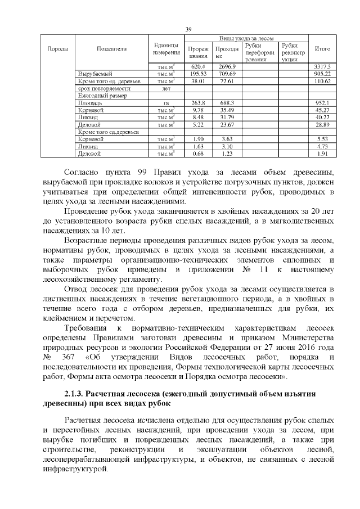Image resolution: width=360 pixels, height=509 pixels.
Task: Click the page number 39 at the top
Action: [189, 30]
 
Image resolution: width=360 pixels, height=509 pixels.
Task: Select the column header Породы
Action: [57, 49]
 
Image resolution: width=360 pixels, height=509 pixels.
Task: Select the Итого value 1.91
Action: [324, 153]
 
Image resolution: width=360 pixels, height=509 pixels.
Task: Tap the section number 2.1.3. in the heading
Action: [77, 391]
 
